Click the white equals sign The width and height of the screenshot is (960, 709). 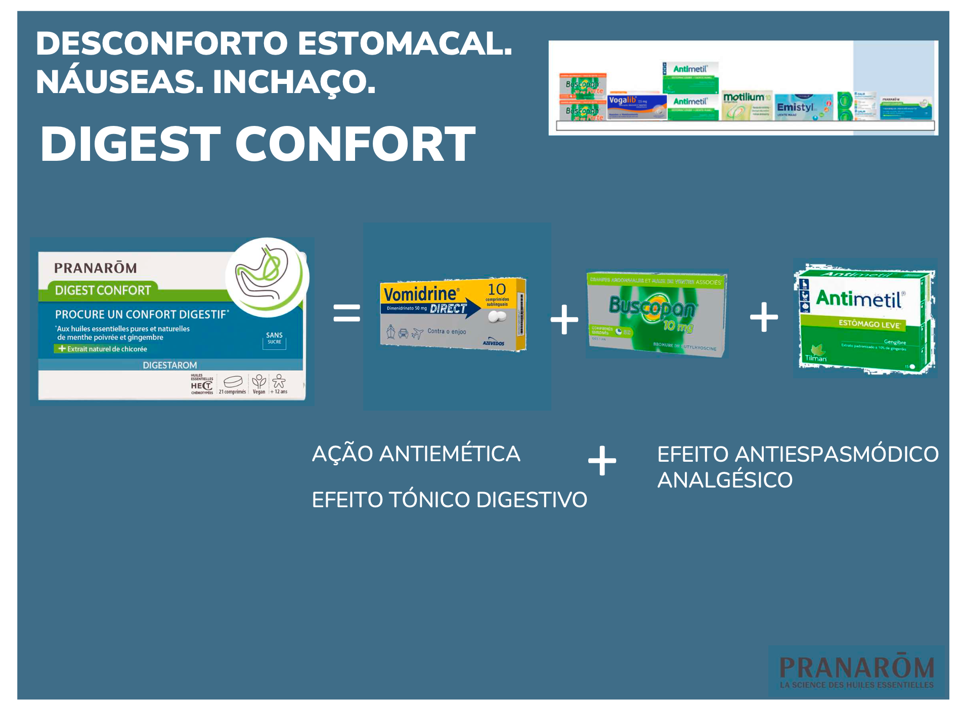click(346, 313)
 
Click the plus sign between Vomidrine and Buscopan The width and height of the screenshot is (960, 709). click(564, 319)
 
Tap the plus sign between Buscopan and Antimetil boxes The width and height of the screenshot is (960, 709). click(763, 317)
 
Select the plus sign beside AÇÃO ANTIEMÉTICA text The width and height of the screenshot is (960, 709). click(602, 460)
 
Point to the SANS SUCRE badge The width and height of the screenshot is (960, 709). click(274, 338)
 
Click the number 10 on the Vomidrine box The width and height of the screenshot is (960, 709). click(496, 289)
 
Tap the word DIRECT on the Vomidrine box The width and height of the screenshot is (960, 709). click(448, 308)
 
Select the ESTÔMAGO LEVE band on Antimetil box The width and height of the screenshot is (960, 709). click(869, 324)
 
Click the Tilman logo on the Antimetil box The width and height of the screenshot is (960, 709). click(815, 354)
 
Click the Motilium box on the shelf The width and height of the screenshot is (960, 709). click(746, 105)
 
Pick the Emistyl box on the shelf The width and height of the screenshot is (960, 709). click(803, 107)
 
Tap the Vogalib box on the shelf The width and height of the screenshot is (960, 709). click(637, 107)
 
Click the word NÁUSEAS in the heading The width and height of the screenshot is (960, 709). click(119, 81)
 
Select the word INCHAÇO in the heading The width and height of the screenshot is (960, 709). click(294, 81)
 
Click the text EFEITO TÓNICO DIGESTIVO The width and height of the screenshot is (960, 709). click(449, 500)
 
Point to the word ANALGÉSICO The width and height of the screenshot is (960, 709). click(724, 480)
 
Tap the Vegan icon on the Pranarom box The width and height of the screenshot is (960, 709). click(259, 384)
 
